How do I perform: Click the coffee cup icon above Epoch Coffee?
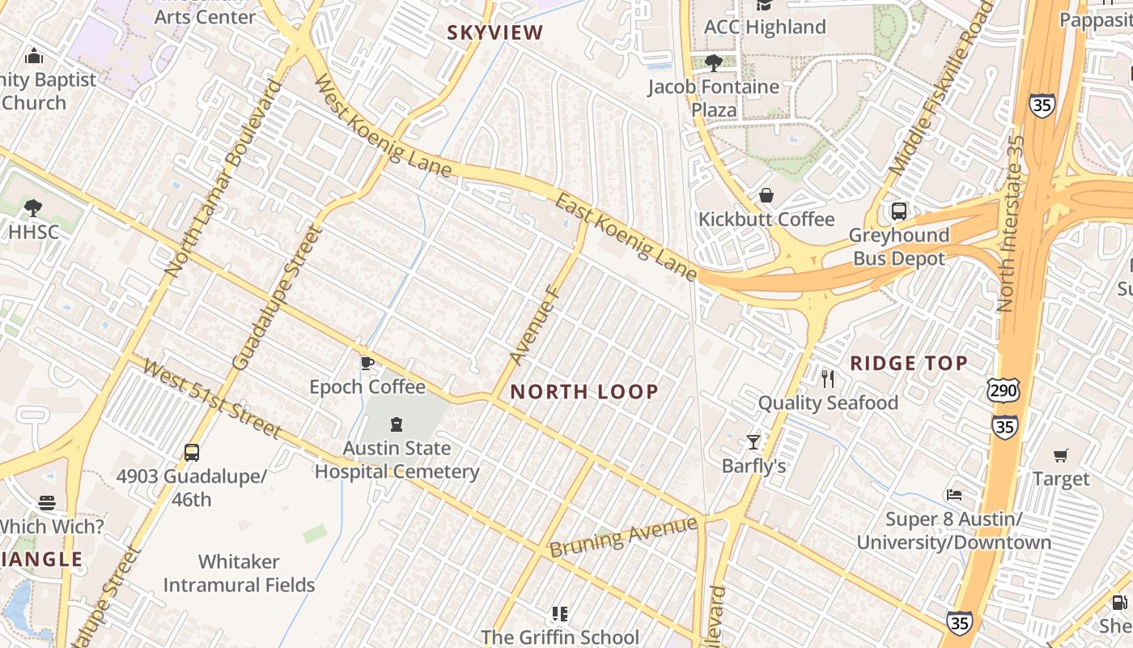tap(367, 363)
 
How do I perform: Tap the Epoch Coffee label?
tap(367, 386)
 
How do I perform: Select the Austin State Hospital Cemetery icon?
tap(397, 424)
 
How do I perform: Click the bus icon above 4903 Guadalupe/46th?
tap(192, 453)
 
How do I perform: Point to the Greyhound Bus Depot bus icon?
tap(898, 211)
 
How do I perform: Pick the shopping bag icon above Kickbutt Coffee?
tap(766, 195)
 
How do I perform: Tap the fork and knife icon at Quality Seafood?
tap(827, 378)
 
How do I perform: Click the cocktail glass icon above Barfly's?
tap(753, 441)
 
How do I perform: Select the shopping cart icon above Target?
tap(1061, 455)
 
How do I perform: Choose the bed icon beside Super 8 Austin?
tap(954, 494)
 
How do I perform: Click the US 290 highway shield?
tap(1003, 390)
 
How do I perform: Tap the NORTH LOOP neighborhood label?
tap(584, 392)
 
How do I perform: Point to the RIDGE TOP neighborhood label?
tap(909, 363)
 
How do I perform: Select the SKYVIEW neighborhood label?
tap(495, 32)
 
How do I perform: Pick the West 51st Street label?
tap(212, 400)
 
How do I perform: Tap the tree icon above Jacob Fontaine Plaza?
tap(713, 62)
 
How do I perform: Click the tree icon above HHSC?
tap(33, 208)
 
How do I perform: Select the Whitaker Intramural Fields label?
tap(239, 573)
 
